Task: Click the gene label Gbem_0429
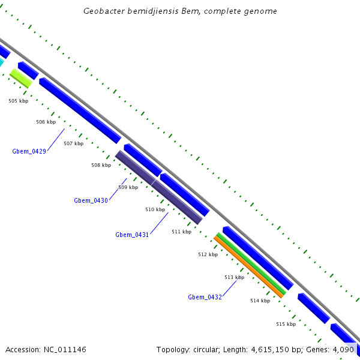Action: coord(29,151)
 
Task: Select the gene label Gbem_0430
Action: coord(91,200)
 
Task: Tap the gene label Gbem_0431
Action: coord(132,235)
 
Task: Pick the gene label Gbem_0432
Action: coord(205,297)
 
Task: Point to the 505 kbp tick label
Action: coord(18,101)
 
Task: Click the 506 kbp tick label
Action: coord(46,122)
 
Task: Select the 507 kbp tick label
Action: coord(73,143)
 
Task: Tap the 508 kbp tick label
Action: coord(101,165)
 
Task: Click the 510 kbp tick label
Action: coord(155,209)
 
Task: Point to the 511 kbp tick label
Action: coord(181,232)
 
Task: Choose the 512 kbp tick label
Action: coord(208,254)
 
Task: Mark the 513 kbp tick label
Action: coord(234,277)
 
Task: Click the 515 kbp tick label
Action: coord(286,324)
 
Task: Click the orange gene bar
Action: coord(248,266)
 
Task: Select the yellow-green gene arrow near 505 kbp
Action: coord(21,78)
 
